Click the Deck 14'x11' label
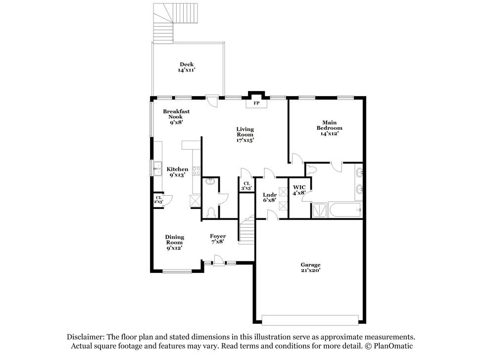[186, 67]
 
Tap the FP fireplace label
[256, 103]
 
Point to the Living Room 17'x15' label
[245, 134]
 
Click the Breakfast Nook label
[176, 117]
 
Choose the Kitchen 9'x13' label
[177, 172]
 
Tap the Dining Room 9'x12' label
[174, 243]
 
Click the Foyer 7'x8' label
[218, 239]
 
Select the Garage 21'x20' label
[310, 268]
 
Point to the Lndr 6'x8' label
[269, 197]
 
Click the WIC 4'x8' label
[299, 190]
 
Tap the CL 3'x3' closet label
[247, 186]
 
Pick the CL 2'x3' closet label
[158, 200]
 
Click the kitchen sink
[158, 169]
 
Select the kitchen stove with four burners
[197, 171]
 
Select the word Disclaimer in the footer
[85, 337]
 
